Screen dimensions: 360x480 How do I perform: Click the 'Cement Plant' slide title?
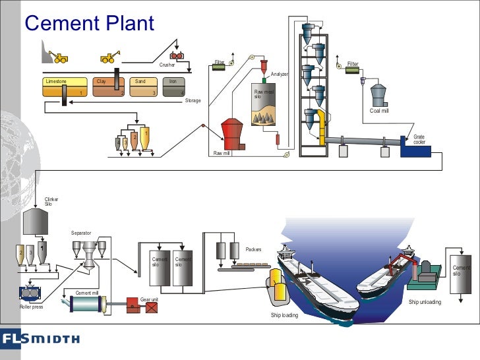coord(89,24)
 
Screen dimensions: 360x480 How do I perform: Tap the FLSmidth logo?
coord(40,340)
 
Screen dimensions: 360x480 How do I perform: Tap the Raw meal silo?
coord(265,105)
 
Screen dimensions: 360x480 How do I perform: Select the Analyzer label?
coord(280,75)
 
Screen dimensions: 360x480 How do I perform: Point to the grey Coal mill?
coord(379,95)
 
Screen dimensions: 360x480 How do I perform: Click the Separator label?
coord(81,233)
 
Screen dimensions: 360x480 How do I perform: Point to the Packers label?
coord(254,250)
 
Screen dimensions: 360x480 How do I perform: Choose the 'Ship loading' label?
coord(285,316)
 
